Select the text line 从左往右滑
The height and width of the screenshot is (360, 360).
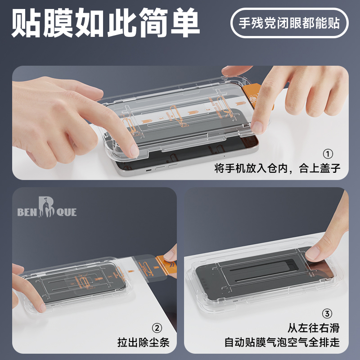314,328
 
